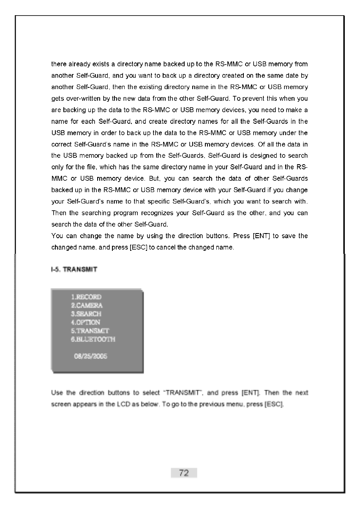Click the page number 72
click(x=184, y=473)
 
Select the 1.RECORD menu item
click(x=87, y=297)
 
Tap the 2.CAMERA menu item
click(x=87, y=305)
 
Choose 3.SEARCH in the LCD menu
click(x=86, y=314)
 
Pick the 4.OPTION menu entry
click(x=86, y=322)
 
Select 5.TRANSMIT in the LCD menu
click(x=90, y=331)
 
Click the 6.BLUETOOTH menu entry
click(x=93, y=339)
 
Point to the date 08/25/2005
click(x=90, y=356)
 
